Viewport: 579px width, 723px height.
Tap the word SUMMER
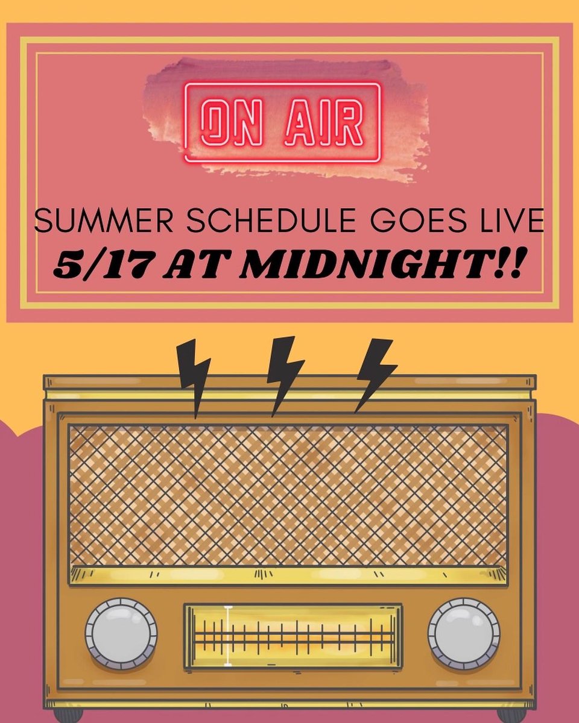coord(96,222)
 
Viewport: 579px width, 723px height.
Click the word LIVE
coord(510,222)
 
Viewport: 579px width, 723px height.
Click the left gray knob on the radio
coord(121,634)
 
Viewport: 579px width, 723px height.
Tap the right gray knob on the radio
coord(464,634)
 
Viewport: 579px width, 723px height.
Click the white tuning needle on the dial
coord(228,636)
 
